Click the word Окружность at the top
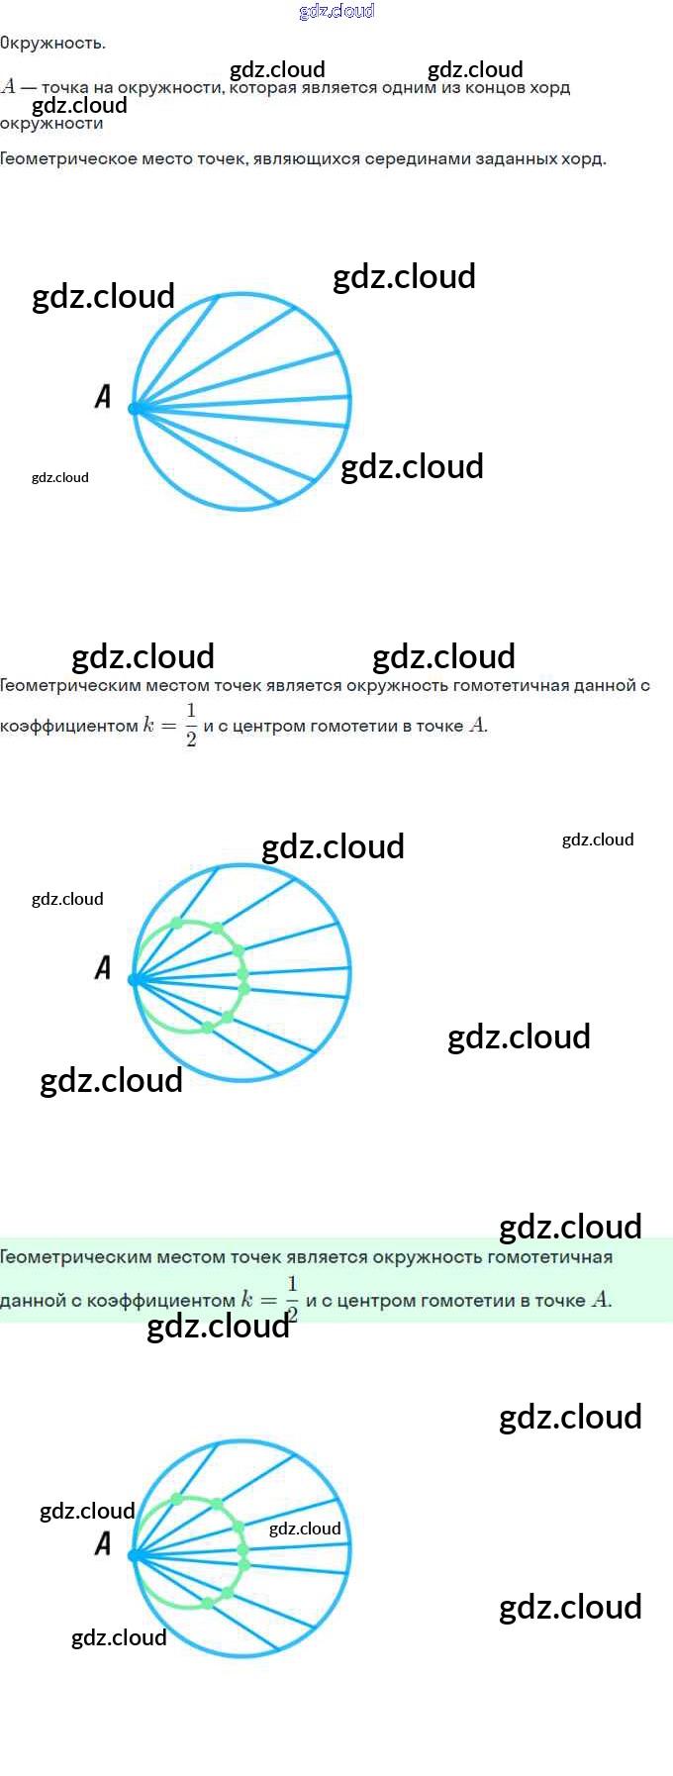click(x=52, y=43)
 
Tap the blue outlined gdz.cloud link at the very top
click(x=336, y=11)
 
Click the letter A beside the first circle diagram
click(x=103, y=397)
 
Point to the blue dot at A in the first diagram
click(x=136, y=408)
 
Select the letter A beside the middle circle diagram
click(x=103, y=967)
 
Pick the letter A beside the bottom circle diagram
click(x=103, y=1542)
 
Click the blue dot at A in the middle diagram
click(x=136, y=980)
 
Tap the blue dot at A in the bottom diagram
click(x=136, y=1555)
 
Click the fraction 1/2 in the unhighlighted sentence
click(x=191, y=725)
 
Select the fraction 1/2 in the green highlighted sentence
click(x=292, y=1299)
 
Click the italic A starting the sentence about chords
click(x=9, y=87)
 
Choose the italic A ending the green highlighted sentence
click(x=600, y=1300)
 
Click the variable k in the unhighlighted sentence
click(x=148, y=726)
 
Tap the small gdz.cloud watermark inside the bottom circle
click(x=305, y=1529)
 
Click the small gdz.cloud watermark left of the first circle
click(x=60, y=477)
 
